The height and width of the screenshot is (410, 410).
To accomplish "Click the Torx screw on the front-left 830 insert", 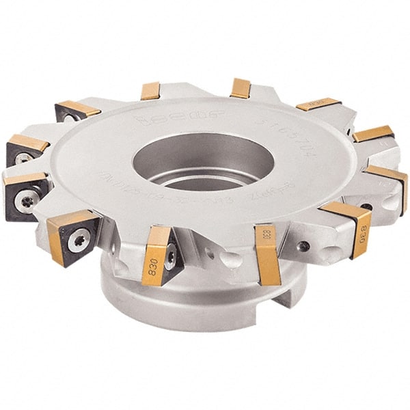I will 170,256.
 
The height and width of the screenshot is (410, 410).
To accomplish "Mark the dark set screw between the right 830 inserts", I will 304,245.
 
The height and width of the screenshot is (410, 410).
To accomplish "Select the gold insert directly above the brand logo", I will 150,91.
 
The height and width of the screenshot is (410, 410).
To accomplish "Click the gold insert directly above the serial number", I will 240,88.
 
